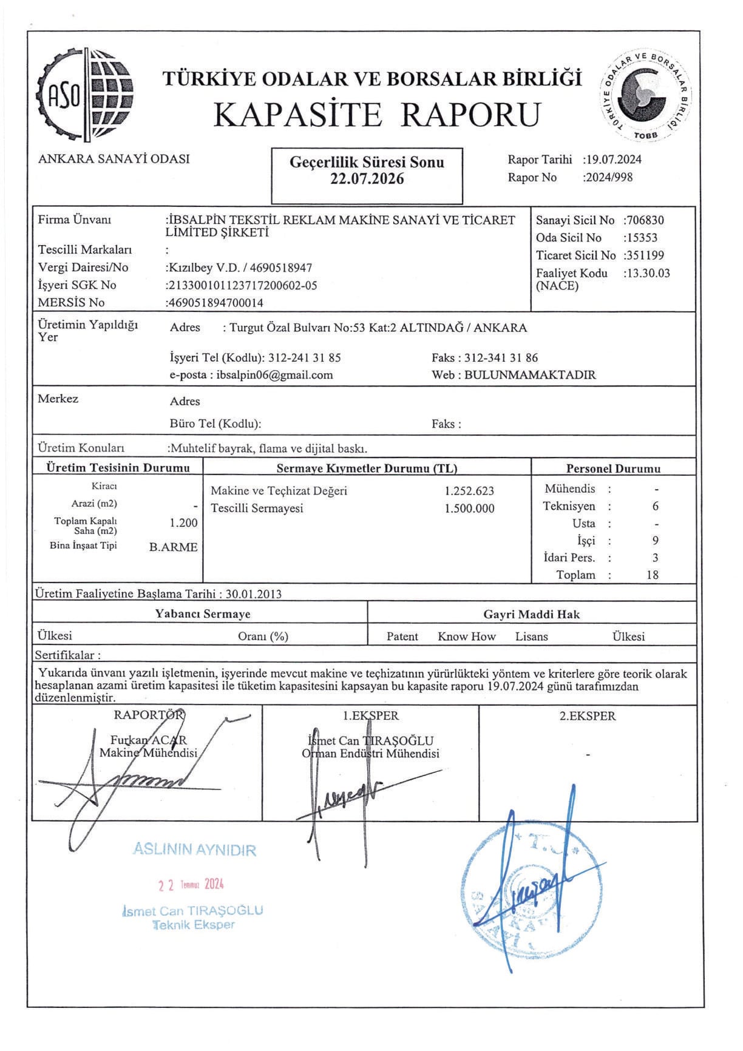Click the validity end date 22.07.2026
pyautogui.click(x=367, y=179)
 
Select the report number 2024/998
pyautogui.click(x=609, y=177)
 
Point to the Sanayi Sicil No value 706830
pyautogui.click(x=646, y=220)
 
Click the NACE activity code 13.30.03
pyautogui.click(x=648, y=273)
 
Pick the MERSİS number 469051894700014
pyautogui.click(x=216, y=303)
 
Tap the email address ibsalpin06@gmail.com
pyautogui.click(x=274, y=375)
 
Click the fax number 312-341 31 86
pyautogui.click(x=501, y=358)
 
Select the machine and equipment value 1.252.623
pyautogui.click(x=469, y=491)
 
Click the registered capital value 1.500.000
pyautogui.click(x=469, y=509)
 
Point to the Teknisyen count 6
pyautogui.click(x=655, y=506)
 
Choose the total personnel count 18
pyautogui.click(x=653, y=575)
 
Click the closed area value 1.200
pyautogui.click(x=183, y=523)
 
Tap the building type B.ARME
pyautogui.click(x=174, y=547)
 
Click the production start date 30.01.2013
pyautogui.click(x=253, y=594)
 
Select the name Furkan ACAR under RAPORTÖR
pyautogui.click(x=149, y=740)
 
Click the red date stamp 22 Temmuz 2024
pyautogui.click(x=191, y=885)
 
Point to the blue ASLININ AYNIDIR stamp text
pyautogui.click(x=194, y=850)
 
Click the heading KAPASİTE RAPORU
pyautogui.click(x=376, y=114)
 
